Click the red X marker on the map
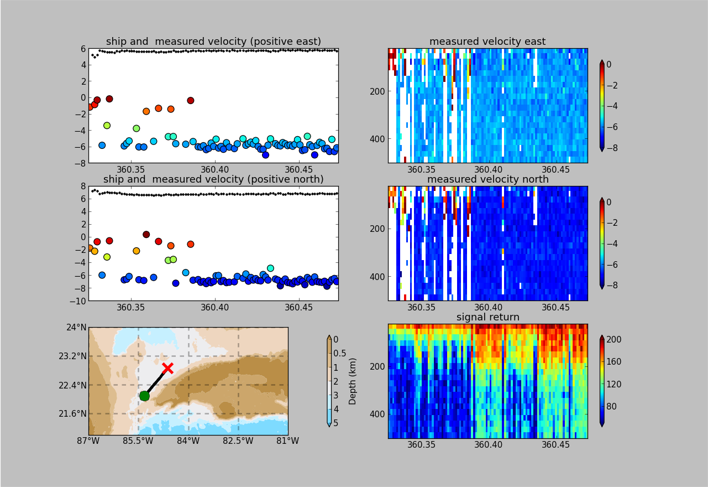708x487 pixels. point(168,368)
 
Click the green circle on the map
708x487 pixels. point(144,396)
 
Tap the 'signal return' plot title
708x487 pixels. point(487,317)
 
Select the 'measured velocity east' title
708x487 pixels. point(487,42)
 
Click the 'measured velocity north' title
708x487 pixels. point(487,179)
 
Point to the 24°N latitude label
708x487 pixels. point(76,327)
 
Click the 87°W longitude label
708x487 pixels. point(88,441)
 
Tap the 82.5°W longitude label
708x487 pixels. point(238,441)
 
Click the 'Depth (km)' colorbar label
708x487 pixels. point(352,381)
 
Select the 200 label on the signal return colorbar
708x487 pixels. point(614,340)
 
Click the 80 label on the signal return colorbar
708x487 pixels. point(611,406)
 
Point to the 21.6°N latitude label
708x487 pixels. point(72,413)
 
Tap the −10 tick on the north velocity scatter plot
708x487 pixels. point(78,301)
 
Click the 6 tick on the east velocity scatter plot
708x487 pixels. point(83,49)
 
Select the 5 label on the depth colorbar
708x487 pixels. point(335,423)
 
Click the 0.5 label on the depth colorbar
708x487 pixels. point(339,354)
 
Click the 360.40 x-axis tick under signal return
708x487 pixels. point(488,444)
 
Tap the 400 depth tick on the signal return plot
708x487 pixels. point(377,414)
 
